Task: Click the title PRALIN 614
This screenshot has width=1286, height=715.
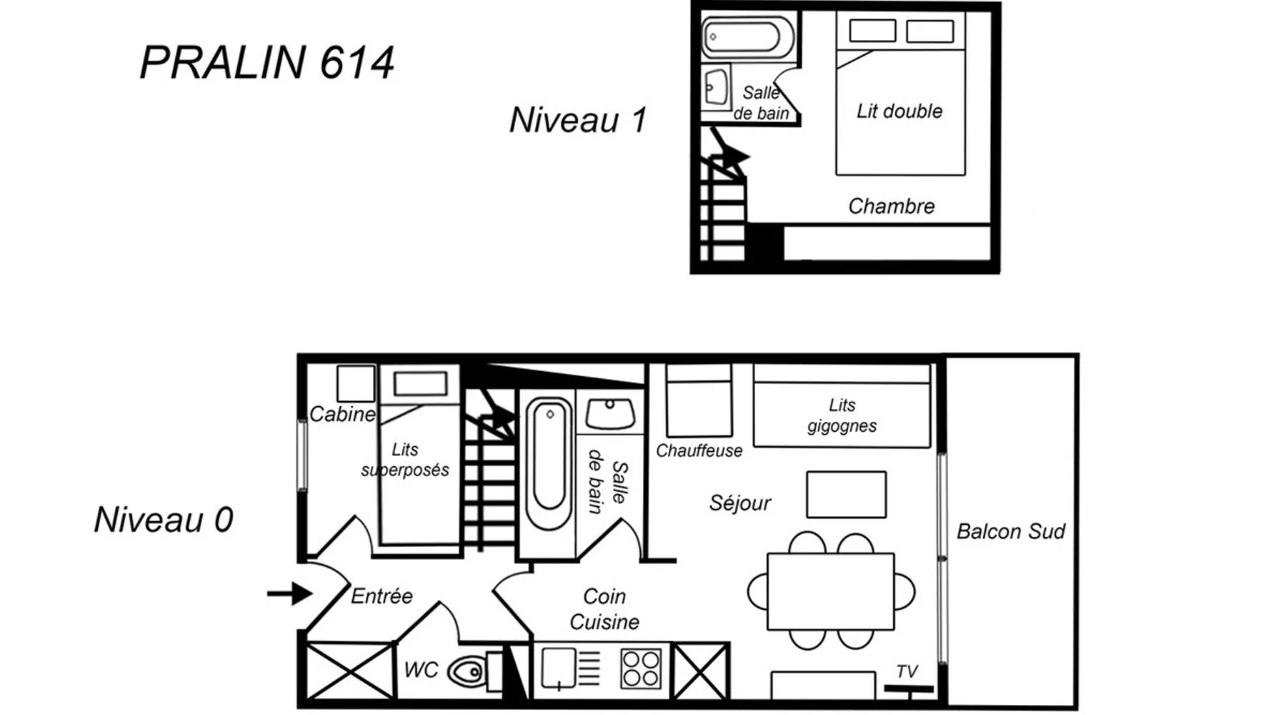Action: [x=266, y=62]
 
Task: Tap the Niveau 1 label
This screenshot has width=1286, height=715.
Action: [x=578, y=119]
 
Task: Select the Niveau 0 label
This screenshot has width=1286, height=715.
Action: [x=164, y=520]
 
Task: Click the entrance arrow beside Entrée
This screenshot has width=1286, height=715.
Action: [x=289, y=593]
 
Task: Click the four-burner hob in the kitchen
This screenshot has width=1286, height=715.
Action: [x=641, y=669]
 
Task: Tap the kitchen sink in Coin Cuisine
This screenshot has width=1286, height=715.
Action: [x=559, y=669]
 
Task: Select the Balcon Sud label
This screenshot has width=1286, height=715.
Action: [x=1011, y=531]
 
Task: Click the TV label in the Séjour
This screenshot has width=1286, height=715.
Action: [x=907, y=671]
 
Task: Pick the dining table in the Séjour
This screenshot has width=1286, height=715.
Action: [x=831, y=591]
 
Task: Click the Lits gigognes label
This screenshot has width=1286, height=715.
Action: [x=842, y=415]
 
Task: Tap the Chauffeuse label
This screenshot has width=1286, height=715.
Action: [x=699, y=450]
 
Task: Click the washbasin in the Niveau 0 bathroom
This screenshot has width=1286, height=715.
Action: [x=610, y=414]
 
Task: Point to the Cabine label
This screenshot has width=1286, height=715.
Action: [x=342, y=414]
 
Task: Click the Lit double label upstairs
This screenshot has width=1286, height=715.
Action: [x=899, y=111]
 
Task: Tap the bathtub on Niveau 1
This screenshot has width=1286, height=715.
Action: [x=748, y=37]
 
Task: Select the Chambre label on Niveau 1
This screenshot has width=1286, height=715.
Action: [x=892, y=206]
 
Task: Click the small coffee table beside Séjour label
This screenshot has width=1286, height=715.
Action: [x=846, y=494]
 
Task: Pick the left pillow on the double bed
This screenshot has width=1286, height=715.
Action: [x=872, y=31]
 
